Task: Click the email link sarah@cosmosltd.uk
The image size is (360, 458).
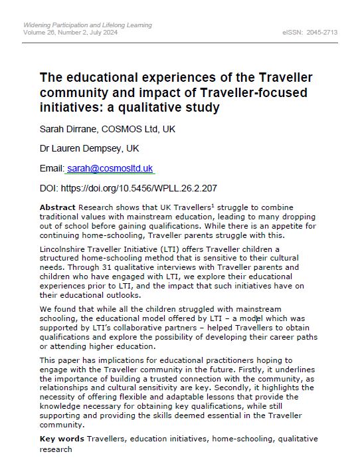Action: point(110,169)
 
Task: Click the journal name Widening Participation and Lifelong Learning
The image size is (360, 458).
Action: point(87,25)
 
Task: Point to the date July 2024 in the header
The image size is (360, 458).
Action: point(100,32)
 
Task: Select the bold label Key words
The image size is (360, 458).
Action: point(62,439)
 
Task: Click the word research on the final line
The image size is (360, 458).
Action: point(56,449)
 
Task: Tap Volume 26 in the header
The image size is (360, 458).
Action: point(43,32)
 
